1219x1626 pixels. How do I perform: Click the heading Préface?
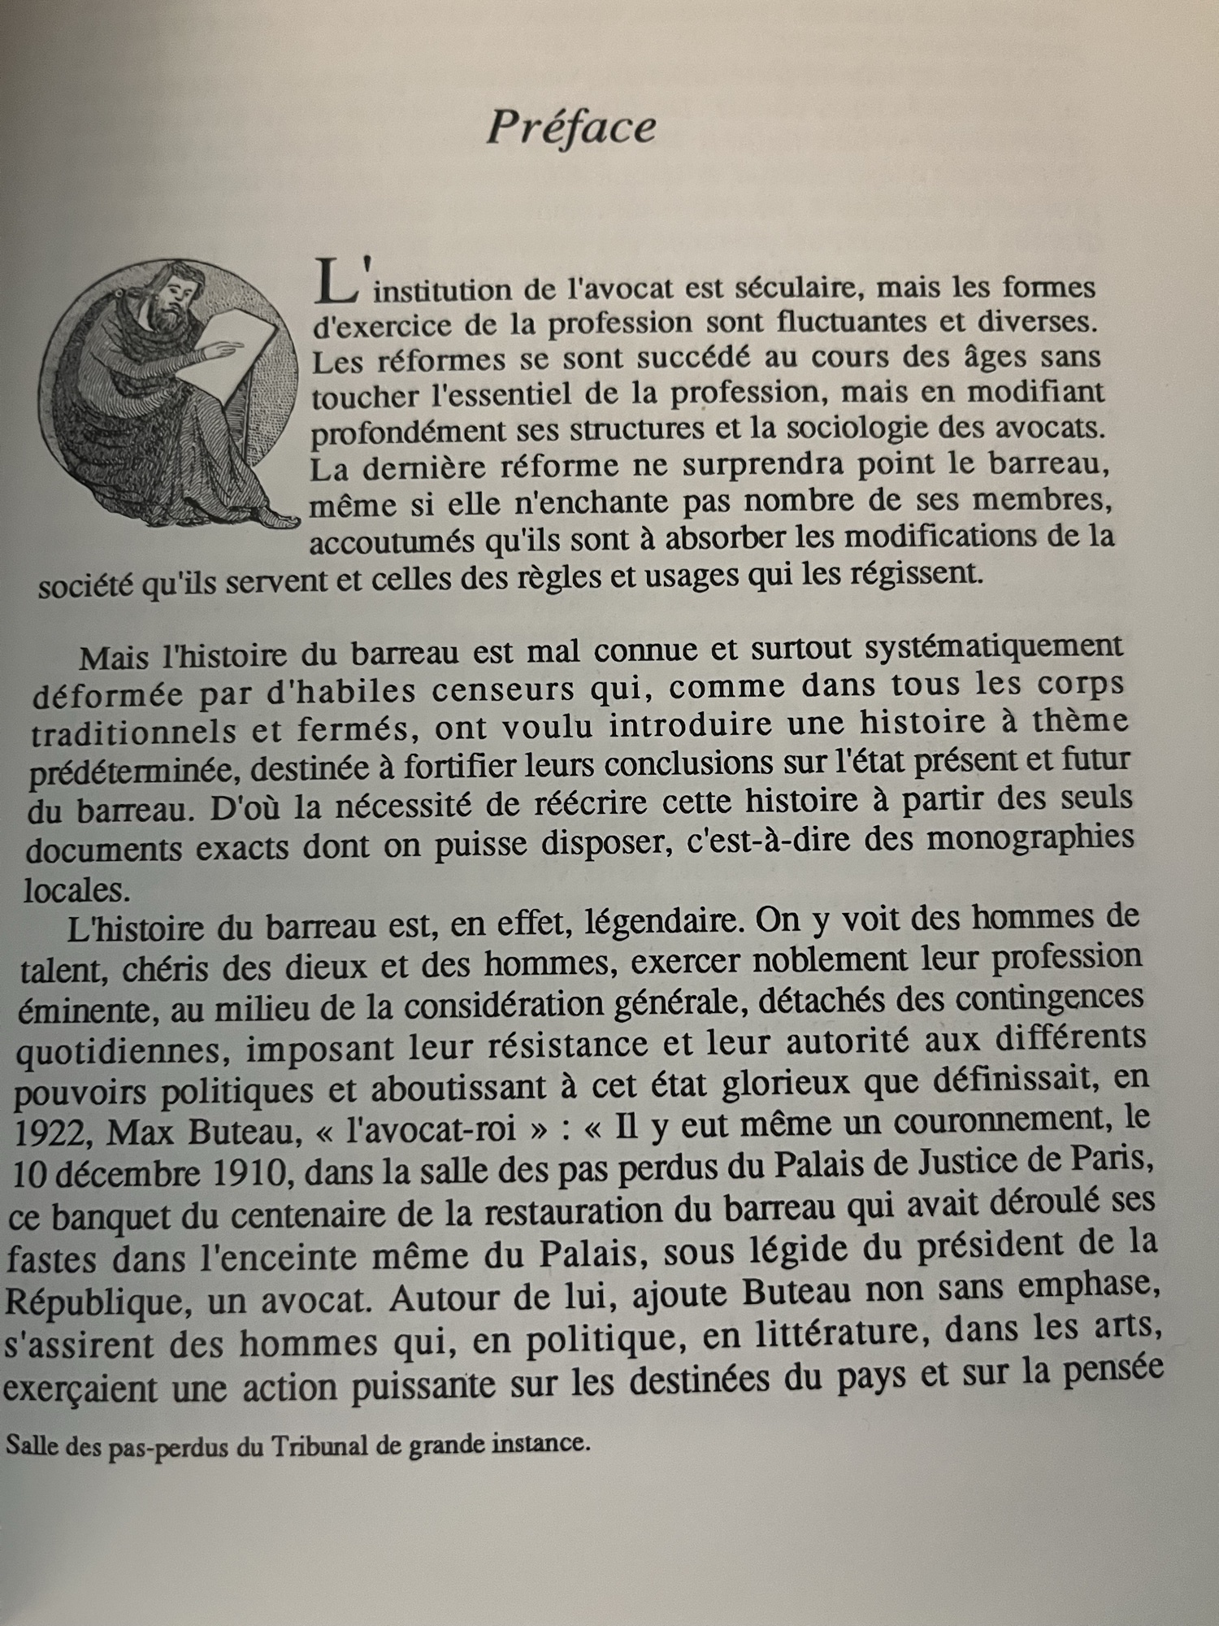(x=571, y=128)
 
